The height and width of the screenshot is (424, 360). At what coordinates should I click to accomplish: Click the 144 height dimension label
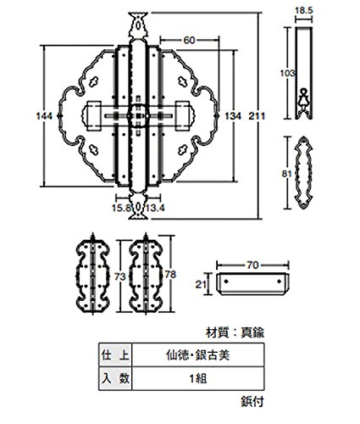(44, 116)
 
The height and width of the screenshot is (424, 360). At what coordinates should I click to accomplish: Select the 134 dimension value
(233, 116)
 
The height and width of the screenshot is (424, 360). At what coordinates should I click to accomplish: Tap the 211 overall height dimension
(257, 116)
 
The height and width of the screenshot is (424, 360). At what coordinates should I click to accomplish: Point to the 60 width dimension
(189, 41)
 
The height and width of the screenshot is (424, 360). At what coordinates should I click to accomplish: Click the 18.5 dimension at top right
(304, 11)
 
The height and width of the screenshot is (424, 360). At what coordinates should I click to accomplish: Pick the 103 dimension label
(287, 73)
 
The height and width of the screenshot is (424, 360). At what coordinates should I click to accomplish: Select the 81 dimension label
(286, 173)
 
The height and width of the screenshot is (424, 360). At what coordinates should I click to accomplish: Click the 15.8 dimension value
(122, 209)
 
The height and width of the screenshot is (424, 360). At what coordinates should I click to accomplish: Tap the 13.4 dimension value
(155, 209)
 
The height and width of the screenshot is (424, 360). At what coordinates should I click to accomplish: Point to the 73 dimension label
(120, 276)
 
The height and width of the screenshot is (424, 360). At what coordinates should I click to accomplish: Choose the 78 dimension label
(170, 275)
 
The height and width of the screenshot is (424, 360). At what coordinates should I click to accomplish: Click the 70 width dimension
(252, 265)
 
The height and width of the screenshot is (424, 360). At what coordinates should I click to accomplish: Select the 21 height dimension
(201, 284)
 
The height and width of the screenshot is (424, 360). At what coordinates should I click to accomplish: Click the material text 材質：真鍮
(235, 333)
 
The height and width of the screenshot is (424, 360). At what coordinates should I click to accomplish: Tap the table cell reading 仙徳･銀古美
(198, 355)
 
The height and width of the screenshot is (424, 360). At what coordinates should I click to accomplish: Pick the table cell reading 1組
(198, 378)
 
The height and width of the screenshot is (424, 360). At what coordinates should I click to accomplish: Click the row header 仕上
(115, 355)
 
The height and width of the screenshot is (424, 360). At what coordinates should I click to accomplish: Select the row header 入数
(115, 378)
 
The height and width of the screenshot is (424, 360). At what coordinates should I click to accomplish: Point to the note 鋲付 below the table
(252, 401)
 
